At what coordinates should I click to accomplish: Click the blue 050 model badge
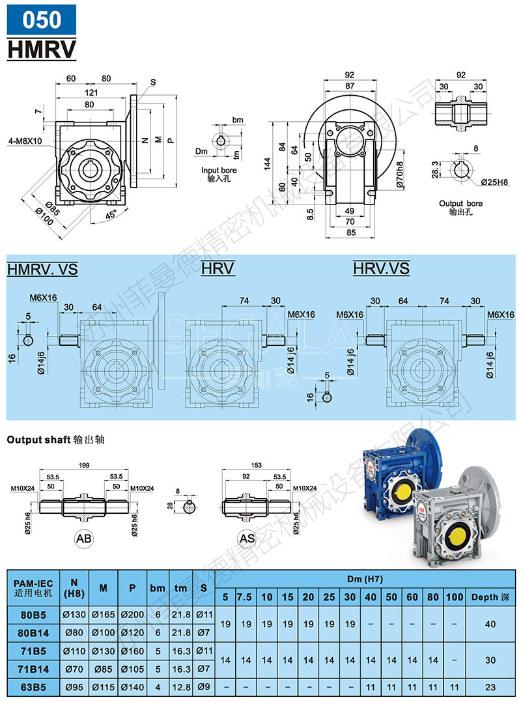click(x=42, y=20)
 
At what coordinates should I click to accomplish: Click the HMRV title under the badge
click(x=42, y=49)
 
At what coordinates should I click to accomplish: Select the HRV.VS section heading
click(x=381, y=268)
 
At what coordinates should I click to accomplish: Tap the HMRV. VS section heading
click(x=42, y=268)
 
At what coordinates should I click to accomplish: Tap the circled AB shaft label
click(x=84, y=538)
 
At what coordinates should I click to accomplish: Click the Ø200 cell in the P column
click(x=132, y=614)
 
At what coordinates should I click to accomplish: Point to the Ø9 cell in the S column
click(x=203, y=687)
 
